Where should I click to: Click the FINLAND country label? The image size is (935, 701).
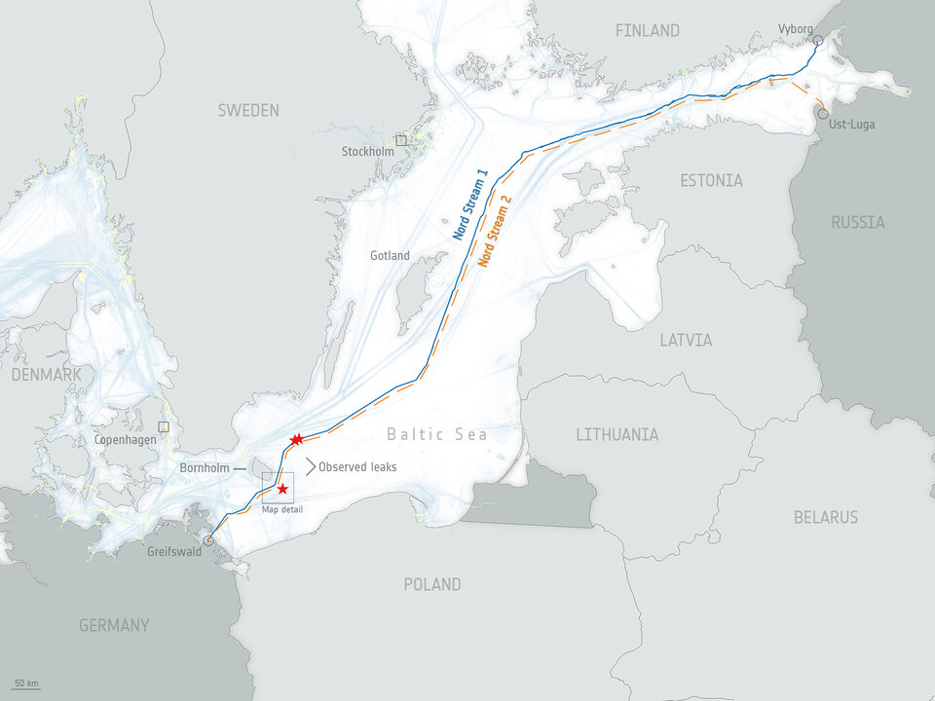pyautogui.click(x=647, y=31)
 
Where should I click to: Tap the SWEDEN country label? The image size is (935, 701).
pyautogui.click(x=247, y=110)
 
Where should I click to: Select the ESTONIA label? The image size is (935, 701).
pyautogui.click(x=711, y=180)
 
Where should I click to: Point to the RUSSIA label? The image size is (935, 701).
pyautogui.click(x=858, y=222)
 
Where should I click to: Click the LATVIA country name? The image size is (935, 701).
pyautogui.click(x=686, y=340)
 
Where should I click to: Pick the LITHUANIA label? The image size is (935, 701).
pyautogui.click(x=617, y=434)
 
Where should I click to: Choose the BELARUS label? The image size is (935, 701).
pyautogui.click(x=825, y=516)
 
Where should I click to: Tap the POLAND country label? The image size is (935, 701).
pyautogui.click(x=432, y=584)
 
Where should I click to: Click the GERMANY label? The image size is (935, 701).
pyautogui.click(x=114, y=625)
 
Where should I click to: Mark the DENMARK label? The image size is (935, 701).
pyautogui.click(x=46, y=375)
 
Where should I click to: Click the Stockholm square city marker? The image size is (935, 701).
pyautogui.click(x=400, y=140)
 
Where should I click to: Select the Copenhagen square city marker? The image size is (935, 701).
pyautogui.click(x=164, y=426)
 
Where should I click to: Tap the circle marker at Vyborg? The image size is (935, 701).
pyautogui.click(x=818, y=41)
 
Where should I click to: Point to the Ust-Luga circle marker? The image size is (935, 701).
pyautogui.click(x=824, y=113)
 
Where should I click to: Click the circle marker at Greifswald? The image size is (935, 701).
pyautogui.click(x=207, y=540)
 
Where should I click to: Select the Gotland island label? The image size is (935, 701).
pyautogui.click(x=390, y=256)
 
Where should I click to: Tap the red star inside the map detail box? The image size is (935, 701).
pyautogui.click(x=282, y=489)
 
